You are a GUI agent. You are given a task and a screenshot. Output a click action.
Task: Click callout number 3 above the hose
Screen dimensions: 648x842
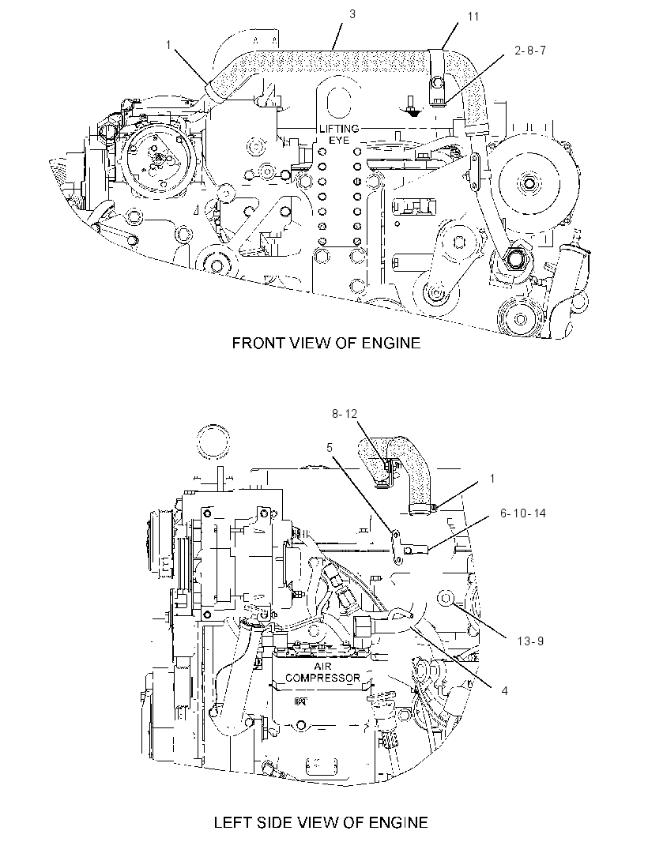352,14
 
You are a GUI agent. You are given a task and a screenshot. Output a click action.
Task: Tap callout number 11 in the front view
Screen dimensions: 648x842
473,17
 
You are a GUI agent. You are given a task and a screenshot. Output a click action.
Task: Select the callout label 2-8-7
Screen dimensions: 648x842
529,51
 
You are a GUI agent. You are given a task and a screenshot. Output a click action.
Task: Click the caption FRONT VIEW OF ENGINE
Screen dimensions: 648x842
326,343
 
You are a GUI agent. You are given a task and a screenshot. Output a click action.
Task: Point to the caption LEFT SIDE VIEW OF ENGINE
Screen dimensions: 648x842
321,822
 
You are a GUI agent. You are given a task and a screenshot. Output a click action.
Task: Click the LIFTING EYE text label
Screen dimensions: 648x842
339,134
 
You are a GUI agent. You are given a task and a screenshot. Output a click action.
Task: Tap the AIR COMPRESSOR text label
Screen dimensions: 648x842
323,672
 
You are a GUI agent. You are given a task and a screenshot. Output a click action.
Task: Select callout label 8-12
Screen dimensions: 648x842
345,414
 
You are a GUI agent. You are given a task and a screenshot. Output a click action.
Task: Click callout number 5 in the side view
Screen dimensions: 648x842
330,447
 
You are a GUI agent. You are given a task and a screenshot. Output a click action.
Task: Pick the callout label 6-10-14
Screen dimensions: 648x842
523,513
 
